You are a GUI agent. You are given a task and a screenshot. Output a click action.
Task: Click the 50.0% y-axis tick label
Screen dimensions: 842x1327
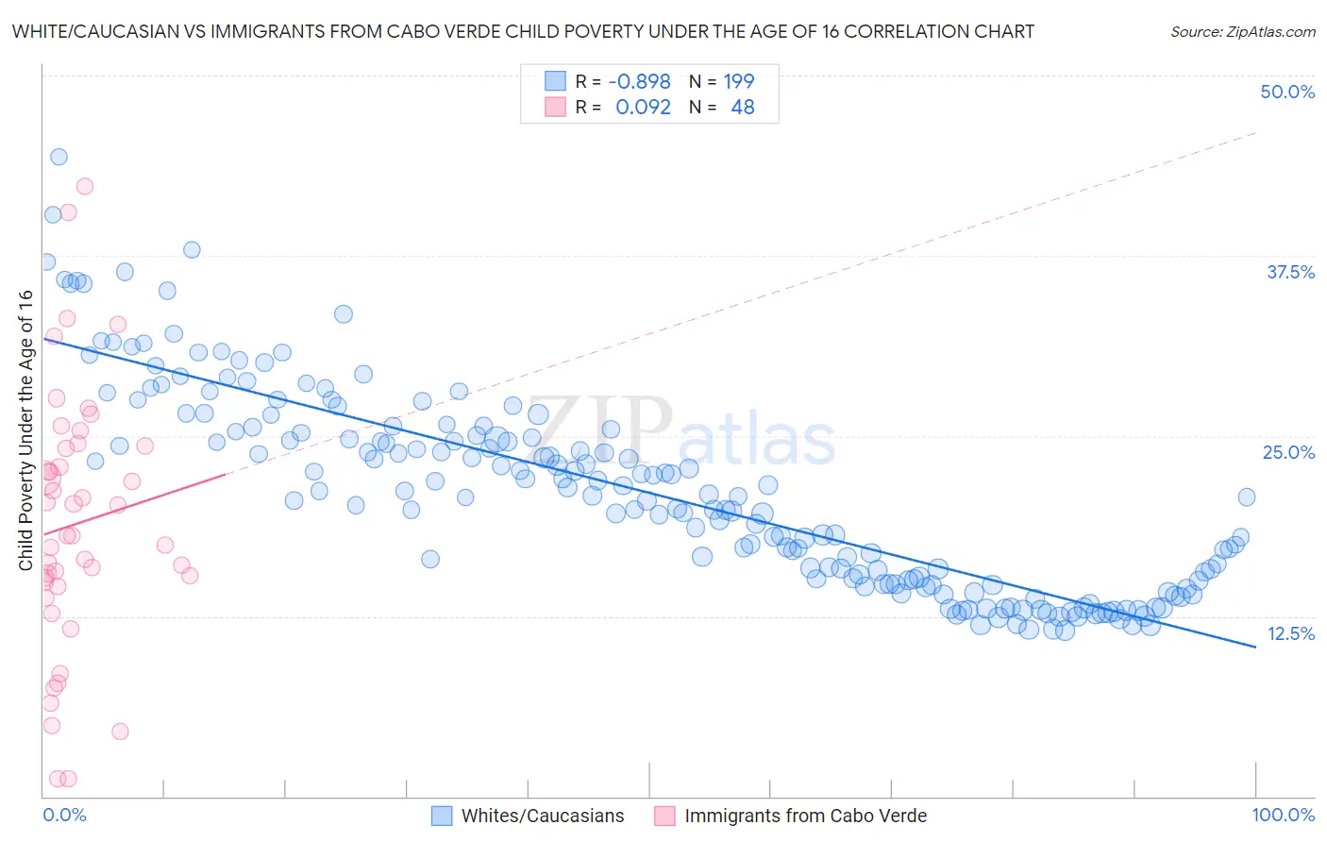(1287, 92)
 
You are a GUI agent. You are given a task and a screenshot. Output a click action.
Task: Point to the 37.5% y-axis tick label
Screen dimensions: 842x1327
(1290, 272)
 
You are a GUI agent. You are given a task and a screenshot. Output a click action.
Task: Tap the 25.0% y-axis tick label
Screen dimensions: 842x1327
(1288, 452)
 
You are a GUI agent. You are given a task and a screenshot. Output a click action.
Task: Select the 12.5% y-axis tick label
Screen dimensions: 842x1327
(1290, 633)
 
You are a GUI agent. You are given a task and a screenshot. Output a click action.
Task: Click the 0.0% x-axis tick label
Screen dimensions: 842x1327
(64, 815)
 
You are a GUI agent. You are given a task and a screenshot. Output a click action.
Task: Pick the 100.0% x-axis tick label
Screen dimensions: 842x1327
(1283, 815)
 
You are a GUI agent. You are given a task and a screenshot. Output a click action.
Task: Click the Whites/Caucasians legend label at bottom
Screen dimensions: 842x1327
(543, 816)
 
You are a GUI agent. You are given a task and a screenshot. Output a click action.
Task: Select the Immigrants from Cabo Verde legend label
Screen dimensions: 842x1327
(805, 816)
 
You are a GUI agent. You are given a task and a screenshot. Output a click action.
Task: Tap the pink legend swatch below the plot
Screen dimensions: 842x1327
(664, 816)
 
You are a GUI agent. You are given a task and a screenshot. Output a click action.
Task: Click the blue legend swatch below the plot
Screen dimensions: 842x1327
(442, 816)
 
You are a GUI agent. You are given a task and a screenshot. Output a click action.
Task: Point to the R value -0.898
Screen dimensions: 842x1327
(639, 81)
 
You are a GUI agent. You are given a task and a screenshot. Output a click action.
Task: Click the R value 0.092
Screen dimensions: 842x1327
(643, 108)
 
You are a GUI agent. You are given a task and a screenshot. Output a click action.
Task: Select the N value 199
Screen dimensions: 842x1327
(739, 81)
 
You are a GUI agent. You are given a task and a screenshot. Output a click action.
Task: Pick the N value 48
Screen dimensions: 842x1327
(743, 108)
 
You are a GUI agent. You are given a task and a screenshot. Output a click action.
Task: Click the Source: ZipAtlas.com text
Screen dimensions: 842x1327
(1242, 31)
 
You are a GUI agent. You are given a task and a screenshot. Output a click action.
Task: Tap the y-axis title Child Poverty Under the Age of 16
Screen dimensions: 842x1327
(25, 429)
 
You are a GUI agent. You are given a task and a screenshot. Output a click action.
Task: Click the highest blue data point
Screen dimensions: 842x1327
(59, 157)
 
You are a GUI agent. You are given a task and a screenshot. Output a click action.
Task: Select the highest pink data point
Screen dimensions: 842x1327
(85, 186)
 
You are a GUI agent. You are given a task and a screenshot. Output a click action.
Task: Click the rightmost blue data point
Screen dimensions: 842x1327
(1247, 497)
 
